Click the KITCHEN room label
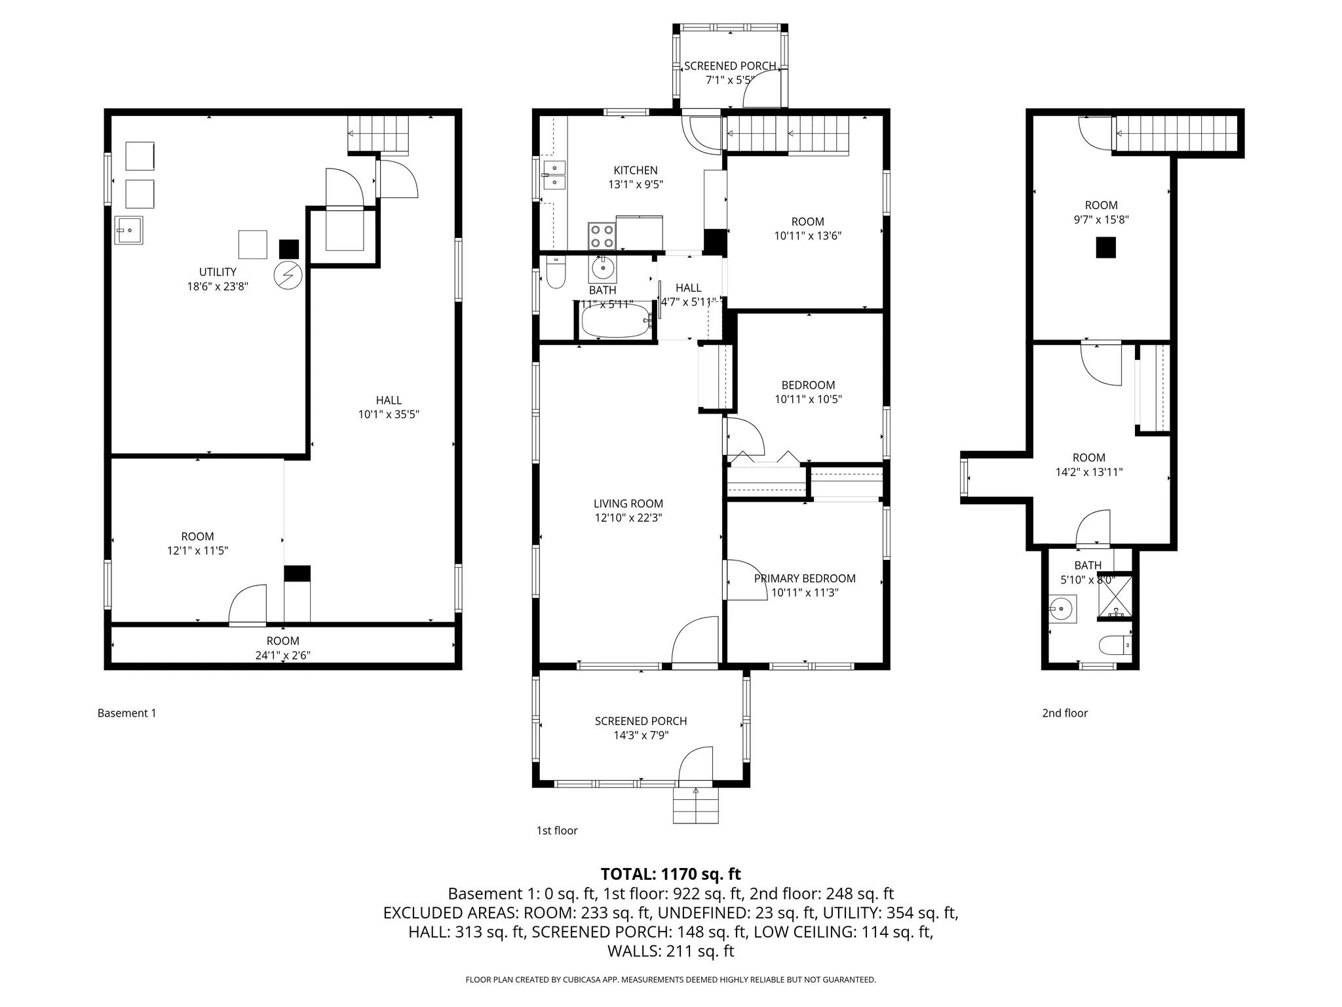click(x=635, y=170)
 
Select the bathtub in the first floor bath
click(x=615, y=321)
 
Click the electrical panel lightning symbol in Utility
click(x=288, y=276)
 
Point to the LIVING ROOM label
click(x=628, y=503)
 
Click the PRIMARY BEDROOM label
click(x=804, y=578)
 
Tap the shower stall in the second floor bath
click(x=1115, y=595)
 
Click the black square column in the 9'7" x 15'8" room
click(x=1106, y=248)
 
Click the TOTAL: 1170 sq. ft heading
click(x=670, y=874)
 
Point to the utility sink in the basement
click(x=129, y=230)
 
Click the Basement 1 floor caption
click(x=126, y=713)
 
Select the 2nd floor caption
click(x=1064, y=713)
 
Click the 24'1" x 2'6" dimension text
click(x=282, y=655)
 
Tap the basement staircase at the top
click(x=377, y=134)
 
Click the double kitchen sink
click(x=554, y=175)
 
